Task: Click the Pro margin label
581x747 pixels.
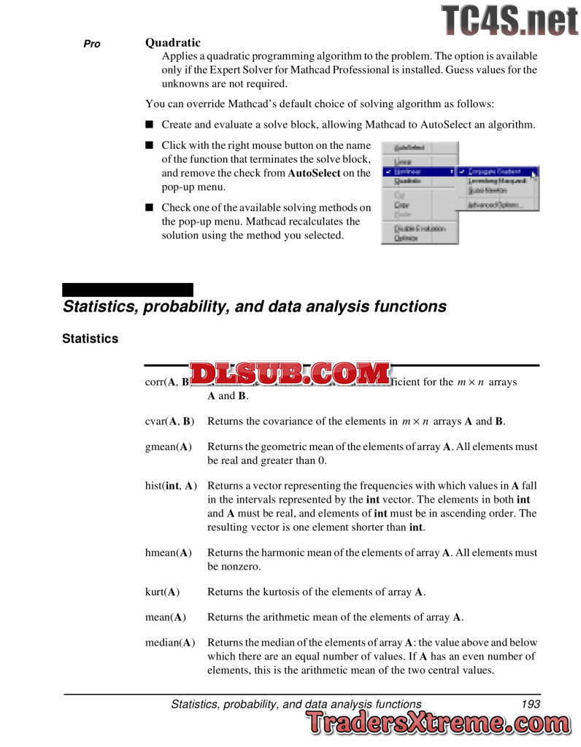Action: click(x=92, y=44)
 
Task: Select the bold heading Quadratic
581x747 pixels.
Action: click(x=172, y=43)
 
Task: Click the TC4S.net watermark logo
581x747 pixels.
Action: click(x=509, y=20)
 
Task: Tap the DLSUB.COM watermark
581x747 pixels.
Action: click(x=290, y=374)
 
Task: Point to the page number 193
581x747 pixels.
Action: click(x=531, y=704)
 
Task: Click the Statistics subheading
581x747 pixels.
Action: click(x=90, y=338)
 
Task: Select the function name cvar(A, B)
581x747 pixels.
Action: click(x=169, y=421)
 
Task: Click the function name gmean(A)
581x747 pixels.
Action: click(x=169, y=446)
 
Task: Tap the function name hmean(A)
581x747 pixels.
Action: click(x=169, y=552)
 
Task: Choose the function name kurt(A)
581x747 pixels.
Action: click(x=163, y=591)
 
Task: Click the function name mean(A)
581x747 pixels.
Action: click(x=166, y=616)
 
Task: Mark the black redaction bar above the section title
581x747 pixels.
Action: click(x=128, y=290)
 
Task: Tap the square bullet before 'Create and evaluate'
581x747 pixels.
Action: click(x=150, y=125)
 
